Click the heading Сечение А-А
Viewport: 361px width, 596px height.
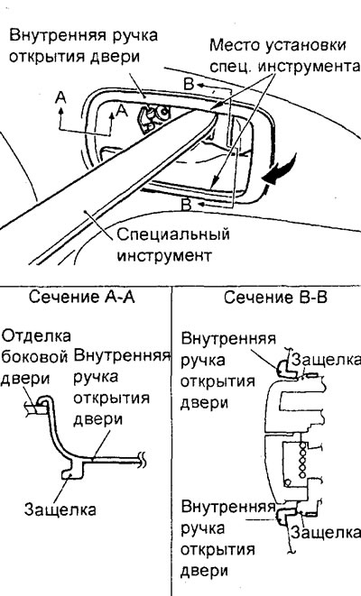pos(81,297)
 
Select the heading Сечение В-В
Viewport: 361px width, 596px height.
pos(275,297)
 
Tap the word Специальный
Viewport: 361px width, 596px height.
pos(173,235)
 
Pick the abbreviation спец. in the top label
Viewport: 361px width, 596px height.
pos(231,67)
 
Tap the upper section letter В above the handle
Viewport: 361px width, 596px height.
pos(189,84)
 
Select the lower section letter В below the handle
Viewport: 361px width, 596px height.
pos(187,205)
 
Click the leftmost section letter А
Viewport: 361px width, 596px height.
pos(60,97)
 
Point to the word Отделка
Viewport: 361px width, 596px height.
pos(36,336)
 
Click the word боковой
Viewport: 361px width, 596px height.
pos(34,357)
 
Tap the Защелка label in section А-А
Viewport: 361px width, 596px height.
pos(60,509)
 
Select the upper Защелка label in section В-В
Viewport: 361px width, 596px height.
pos(325,360)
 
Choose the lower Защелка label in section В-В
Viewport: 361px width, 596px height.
pos(325,532)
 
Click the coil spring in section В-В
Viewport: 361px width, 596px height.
pos(303,461)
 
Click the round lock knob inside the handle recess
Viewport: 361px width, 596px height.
pos(164,112)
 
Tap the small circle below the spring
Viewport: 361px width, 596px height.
pos(288,482)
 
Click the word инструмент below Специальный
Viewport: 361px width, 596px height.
pos(164,255)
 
